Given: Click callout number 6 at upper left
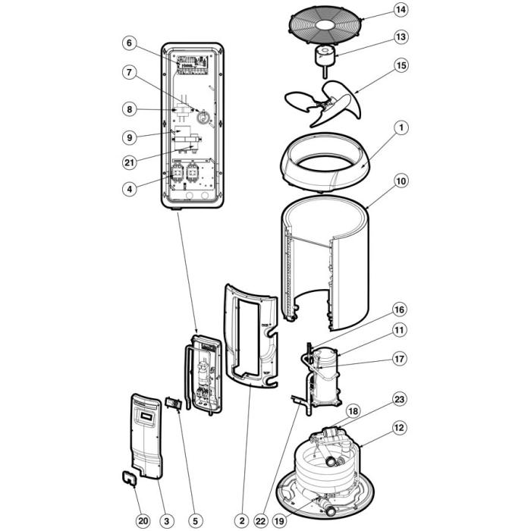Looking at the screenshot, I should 130,43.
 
